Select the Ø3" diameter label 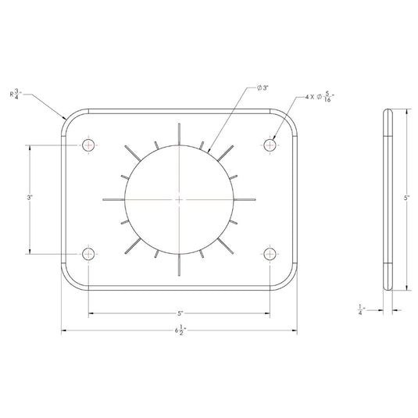click(x=263, y=88)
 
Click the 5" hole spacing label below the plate click(x=180, y=314)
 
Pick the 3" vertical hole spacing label click(x=29, y=199)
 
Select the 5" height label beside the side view click(x=406, y=199)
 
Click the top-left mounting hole click(x=89, y=145)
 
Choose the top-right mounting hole click(x=270, y=145)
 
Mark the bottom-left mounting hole click(x=89, y=253)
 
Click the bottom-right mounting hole click(x=270, y=253)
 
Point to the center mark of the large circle click(x=180, y=200)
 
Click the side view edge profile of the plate click(x=388, y=199)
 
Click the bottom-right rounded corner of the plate click(x=289, y=282)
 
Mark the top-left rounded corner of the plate click(x=70, y=117)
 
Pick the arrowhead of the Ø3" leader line click(x=209, y=151)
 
